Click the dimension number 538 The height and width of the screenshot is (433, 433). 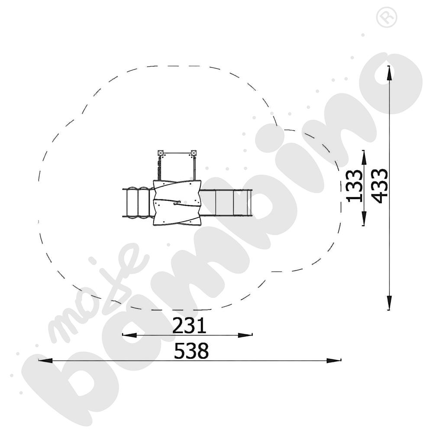[x=191, y=351]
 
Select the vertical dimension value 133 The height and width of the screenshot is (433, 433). [x=354, y=186]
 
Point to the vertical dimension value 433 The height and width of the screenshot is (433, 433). [x=379, y=186]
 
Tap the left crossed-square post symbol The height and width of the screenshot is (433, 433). [x=161, y=153]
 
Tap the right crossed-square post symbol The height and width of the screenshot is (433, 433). [x=194, y=153]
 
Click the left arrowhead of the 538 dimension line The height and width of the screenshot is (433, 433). [x=45, y=360]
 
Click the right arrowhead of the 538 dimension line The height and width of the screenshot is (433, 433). [x=334, y=360]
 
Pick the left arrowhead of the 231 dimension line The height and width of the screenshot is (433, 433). [x=129, y=335]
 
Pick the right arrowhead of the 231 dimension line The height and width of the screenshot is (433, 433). [x=245, y=335]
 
